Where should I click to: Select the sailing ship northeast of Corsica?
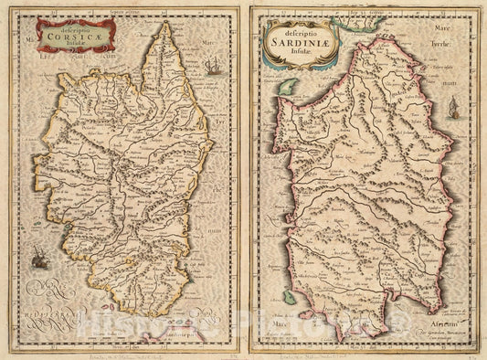[213, 67]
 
